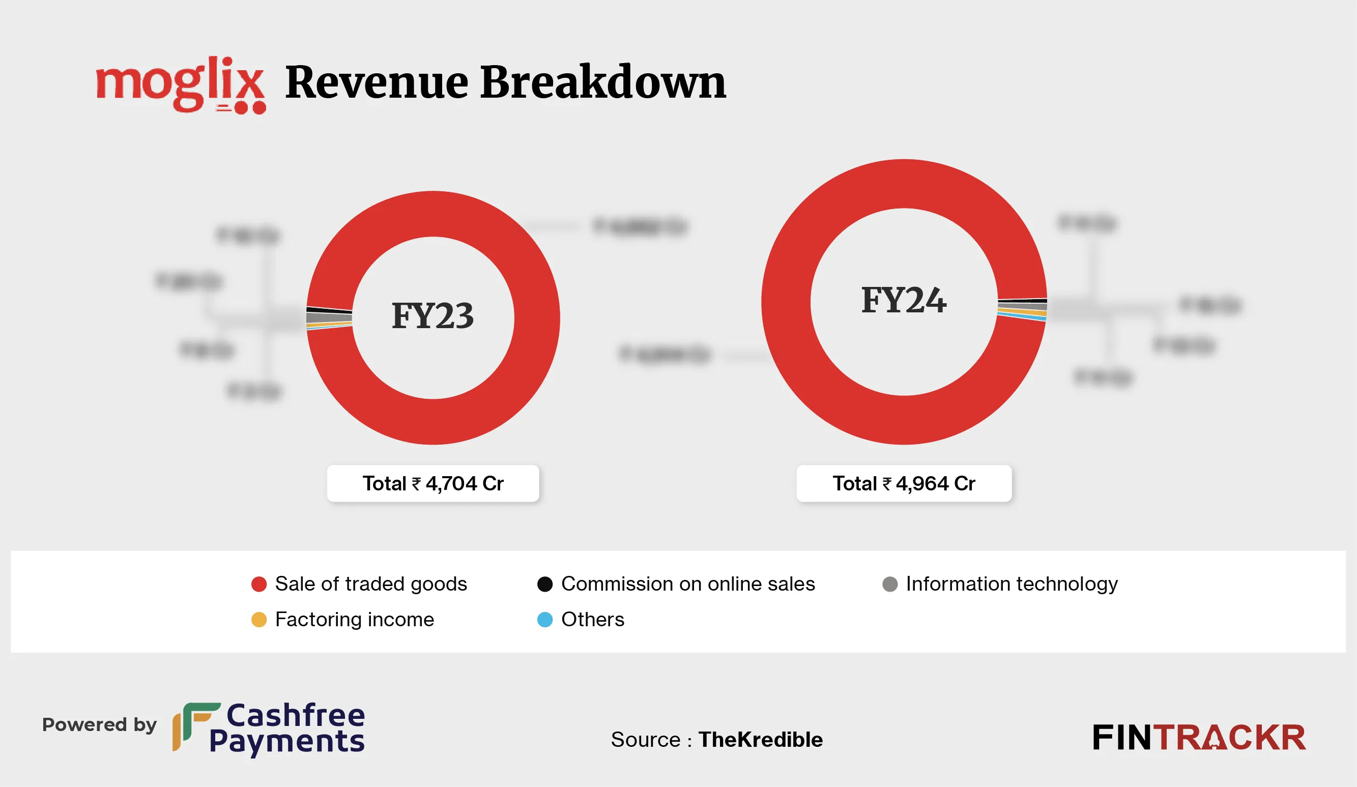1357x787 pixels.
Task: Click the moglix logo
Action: pos(181,84)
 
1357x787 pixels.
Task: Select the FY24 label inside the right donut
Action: pos(904,300)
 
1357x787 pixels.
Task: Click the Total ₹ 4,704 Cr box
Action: pos(432,483)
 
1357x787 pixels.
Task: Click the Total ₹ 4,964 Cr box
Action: pos(904,483)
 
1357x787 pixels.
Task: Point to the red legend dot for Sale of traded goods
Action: pos(259,584)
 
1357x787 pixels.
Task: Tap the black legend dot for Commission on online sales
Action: pos(545,584)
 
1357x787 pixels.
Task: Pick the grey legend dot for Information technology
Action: pos(889,584)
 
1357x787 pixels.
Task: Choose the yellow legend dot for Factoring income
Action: pos(259,620)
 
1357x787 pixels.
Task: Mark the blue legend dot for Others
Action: pos(545,620)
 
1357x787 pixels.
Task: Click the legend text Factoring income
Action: pos(354,620)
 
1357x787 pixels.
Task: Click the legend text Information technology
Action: pos(1012,584)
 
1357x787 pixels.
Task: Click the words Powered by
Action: pos(99,724)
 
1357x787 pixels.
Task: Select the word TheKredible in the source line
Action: pos(760,740)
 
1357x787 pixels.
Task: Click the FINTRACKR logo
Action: pos(1199,738)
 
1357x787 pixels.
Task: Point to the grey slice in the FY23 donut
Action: pos(329,317)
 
